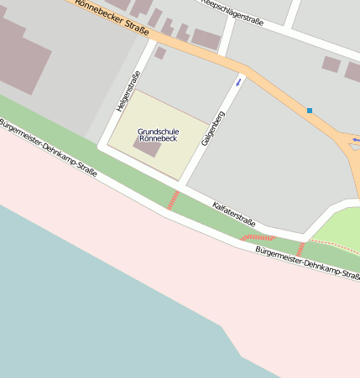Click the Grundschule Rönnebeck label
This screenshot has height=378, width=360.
pos(158,134)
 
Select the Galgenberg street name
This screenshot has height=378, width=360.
pos(213,128)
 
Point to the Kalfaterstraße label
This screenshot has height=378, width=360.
pos(233,215)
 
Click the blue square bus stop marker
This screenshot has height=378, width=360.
pos(310,111)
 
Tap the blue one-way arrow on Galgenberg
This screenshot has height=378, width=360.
pos(240,81)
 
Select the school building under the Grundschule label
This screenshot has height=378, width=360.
pos(148,149)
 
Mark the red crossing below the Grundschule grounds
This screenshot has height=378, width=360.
pos(174,199)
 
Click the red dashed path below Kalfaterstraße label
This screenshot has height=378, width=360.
pos(258,238)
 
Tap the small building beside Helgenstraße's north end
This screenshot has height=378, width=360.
pos(159,53)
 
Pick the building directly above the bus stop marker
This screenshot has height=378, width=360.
pos(331,64)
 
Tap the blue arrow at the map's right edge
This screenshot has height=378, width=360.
pos(356,139)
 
